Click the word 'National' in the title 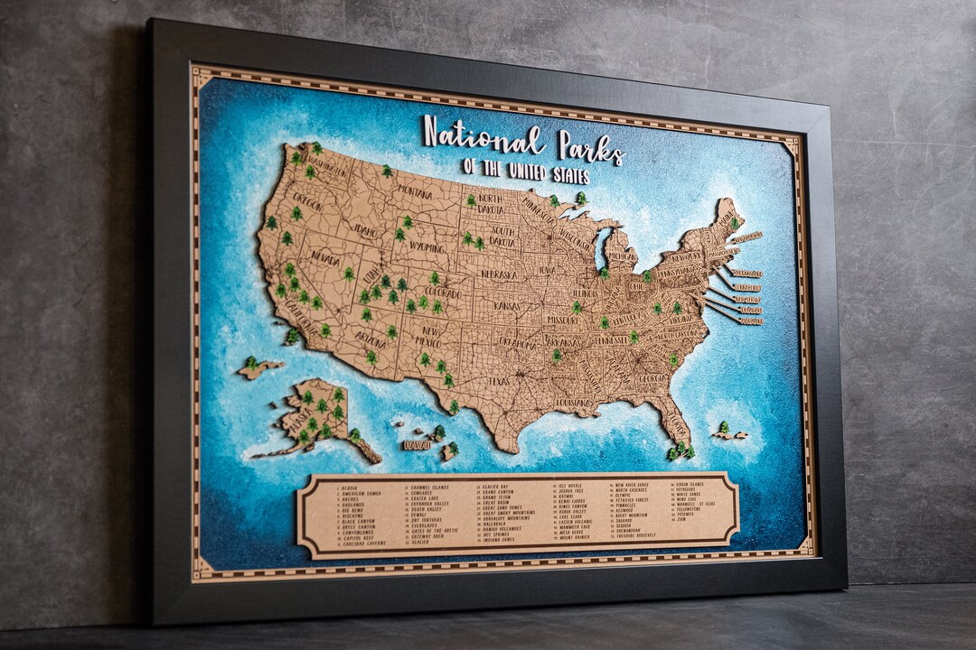pos(483,138)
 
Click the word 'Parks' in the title pos(590,146)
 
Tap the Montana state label pos(414,191)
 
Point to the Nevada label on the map pos(325,257)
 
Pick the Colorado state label pos(442,293)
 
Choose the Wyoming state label pos(427,246)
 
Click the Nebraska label pos(498,274)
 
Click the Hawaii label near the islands pos(417,445)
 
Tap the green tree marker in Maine pos(735,221)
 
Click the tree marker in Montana pos(386,170)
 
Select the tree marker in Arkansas pos(556,355)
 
